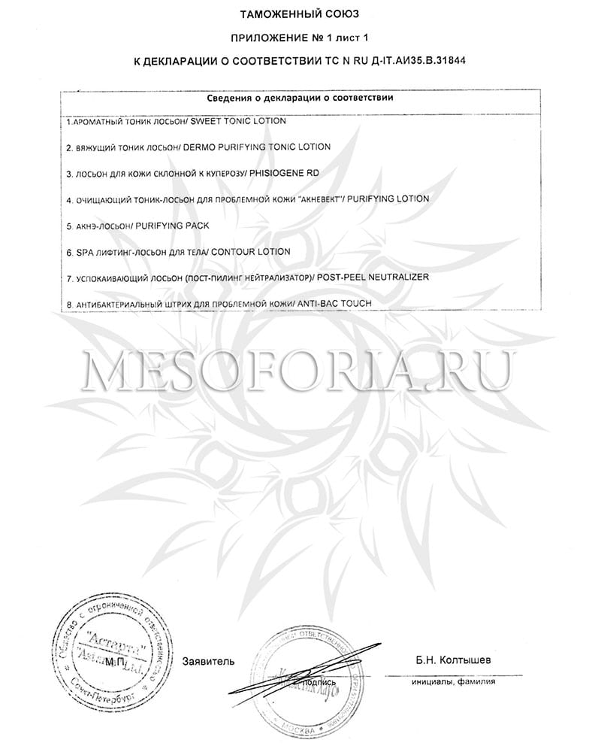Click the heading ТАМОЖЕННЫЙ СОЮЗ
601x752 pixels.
tap(300, 14)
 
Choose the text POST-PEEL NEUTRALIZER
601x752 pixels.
tap(373, 277)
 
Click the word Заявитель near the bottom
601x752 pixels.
tap(208, 662)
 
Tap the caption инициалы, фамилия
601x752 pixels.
tap(453, 683)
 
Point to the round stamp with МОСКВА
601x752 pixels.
tap(310, 681)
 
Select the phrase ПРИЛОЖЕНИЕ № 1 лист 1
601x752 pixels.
tap(300, 36)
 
